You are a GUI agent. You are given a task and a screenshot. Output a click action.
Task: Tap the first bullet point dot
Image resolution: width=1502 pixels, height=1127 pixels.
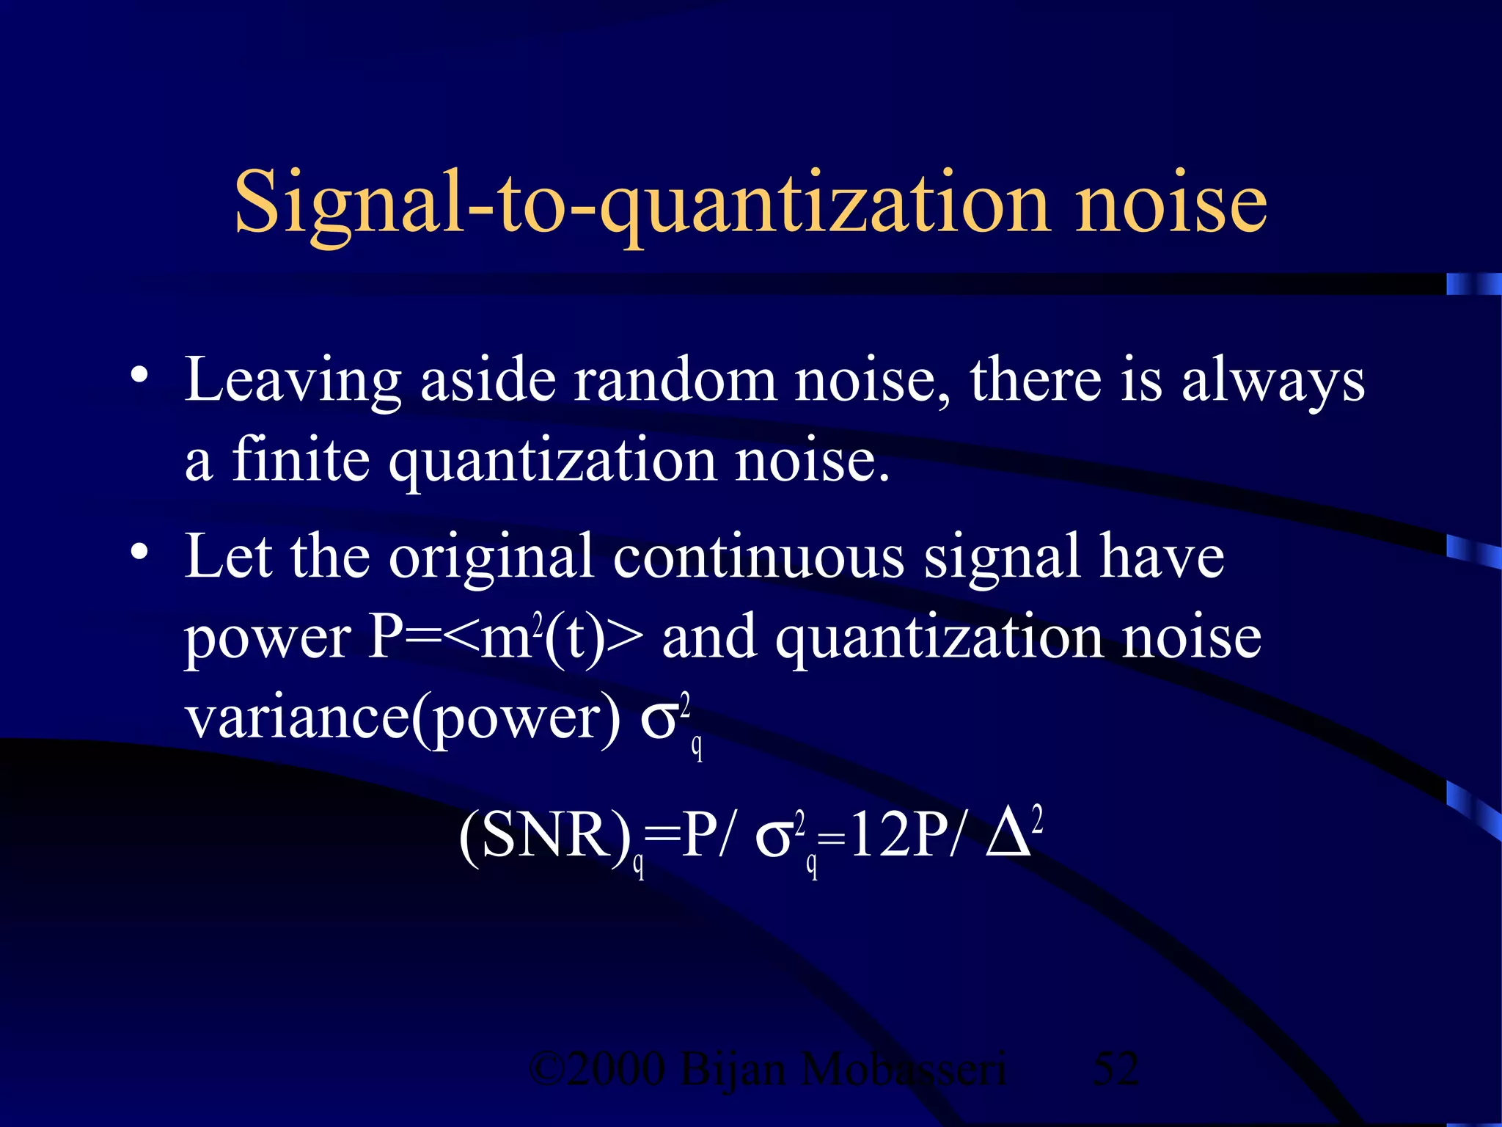(x=139, y=375)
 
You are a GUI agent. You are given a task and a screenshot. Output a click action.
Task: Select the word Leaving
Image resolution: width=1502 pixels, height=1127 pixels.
(x=293, y=382)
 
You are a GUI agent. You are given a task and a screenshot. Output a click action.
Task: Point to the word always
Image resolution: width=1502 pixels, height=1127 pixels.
(x=1273, y=382)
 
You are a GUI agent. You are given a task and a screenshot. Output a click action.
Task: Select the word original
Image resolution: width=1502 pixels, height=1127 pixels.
(x=491, y=558)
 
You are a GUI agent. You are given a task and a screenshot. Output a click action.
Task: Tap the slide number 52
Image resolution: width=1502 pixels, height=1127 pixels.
(x=1115, y=1068)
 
